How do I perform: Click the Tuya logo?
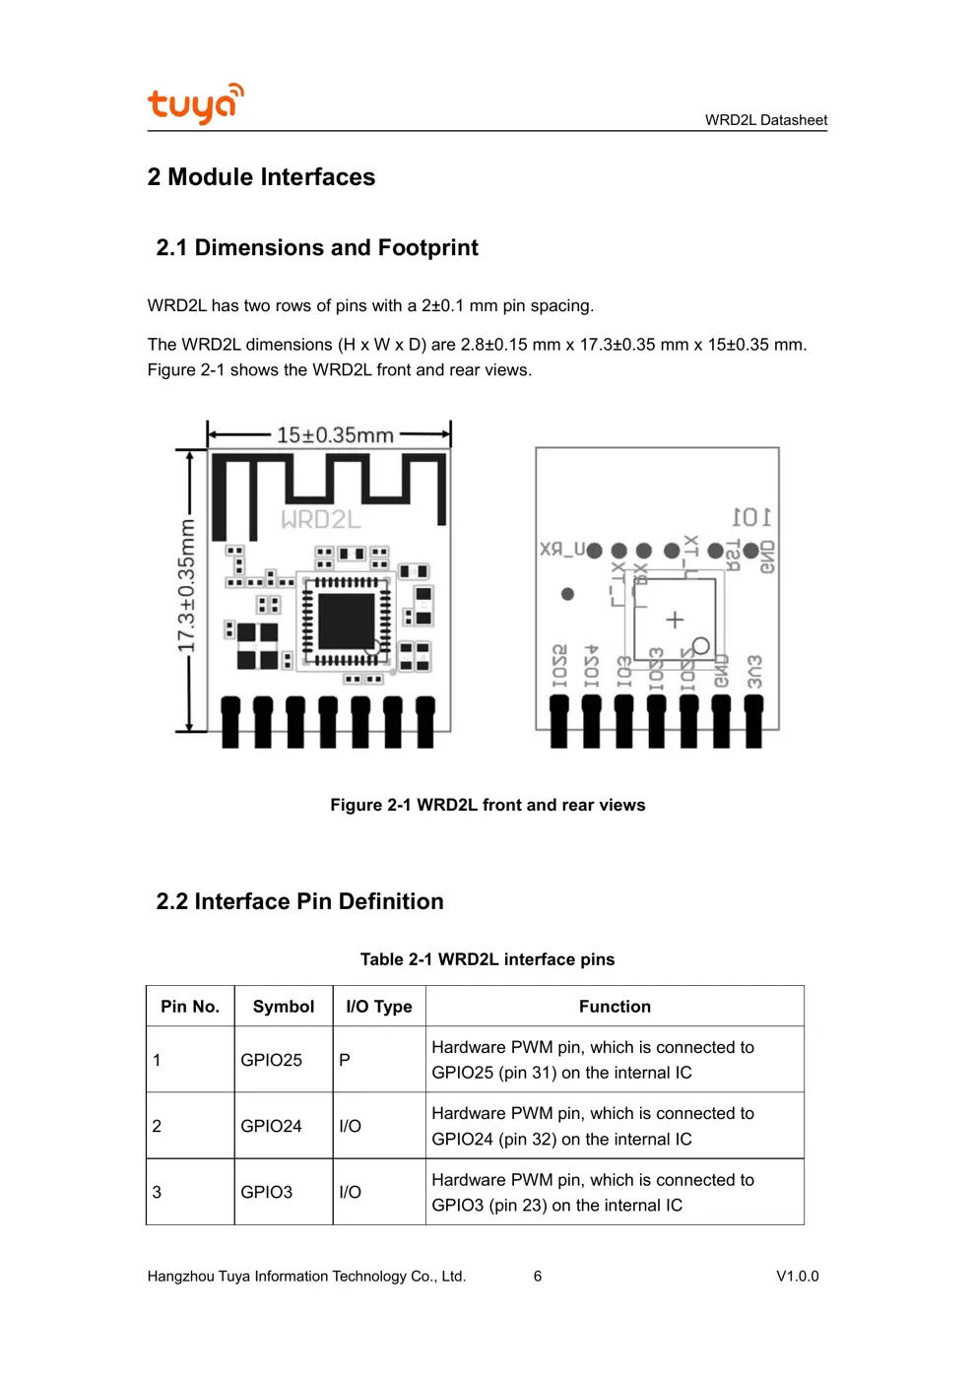pos(195,103)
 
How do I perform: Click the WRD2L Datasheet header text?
pos(765,120)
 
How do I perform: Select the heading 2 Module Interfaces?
pos(261,177)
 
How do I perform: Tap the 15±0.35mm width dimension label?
pos(335,434)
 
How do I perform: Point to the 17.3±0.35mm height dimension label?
pos(186,587)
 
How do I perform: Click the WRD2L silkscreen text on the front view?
pos(321,519)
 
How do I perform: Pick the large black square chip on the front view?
pos(346,622)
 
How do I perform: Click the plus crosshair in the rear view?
pos(675,620)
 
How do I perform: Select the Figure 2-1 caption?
pos(487,805)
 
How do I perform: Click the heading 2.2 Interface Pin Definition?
pos(299,901)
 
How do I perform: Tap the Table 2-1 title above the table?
pos(487,959)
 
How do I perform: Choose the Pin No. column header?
pos(190,1007)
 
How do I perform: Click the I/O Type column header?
pos(379,1007)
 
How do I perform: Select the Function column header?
pos(615,1007)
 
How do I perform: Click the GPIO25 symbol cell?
pos(272,1060)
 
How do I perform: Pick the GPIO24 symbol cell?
pos(272,1126)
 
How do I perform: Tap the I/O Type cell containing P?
pos(345,1060)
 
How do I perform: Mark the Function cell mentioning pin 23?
pos(592,1192)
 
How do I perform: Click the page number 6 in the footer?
pos(538,1276)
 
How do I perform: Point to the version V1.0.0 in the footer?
pos(797,1276)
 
